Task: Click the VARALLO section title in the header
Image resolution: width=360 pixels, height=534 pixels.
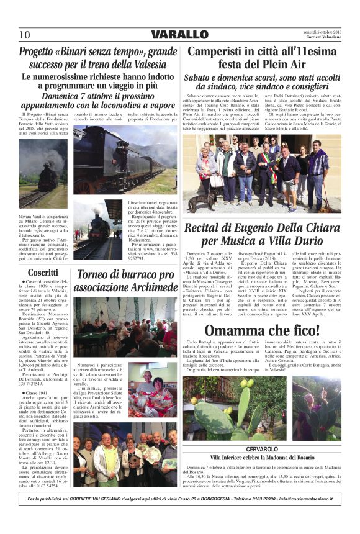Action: tap(180, 34)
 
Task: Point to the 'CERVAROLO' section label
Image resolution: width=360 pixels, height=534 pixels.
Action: tap(266, 448)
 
